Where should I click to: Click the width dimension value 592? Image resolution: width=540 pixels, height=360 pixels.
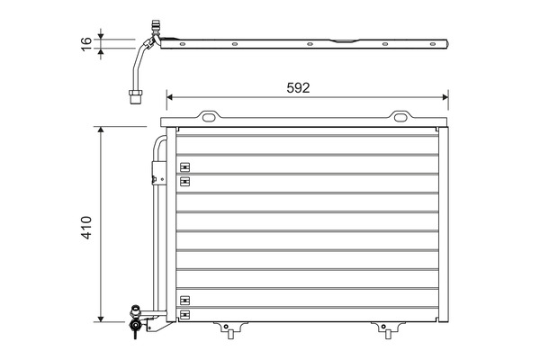pos(298,87)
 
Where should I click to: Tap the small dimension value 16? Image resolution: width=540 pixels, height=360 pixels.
pos(86,44)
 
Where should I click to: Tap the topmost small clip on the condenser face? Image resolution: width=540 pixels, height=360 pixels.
pos(184,166)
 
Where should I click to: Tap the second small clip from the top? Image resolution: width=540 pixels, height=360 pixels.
pos(184,181)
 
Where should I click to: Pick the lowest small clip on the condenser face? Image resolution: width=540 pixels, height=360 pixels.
pos(184,314)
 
